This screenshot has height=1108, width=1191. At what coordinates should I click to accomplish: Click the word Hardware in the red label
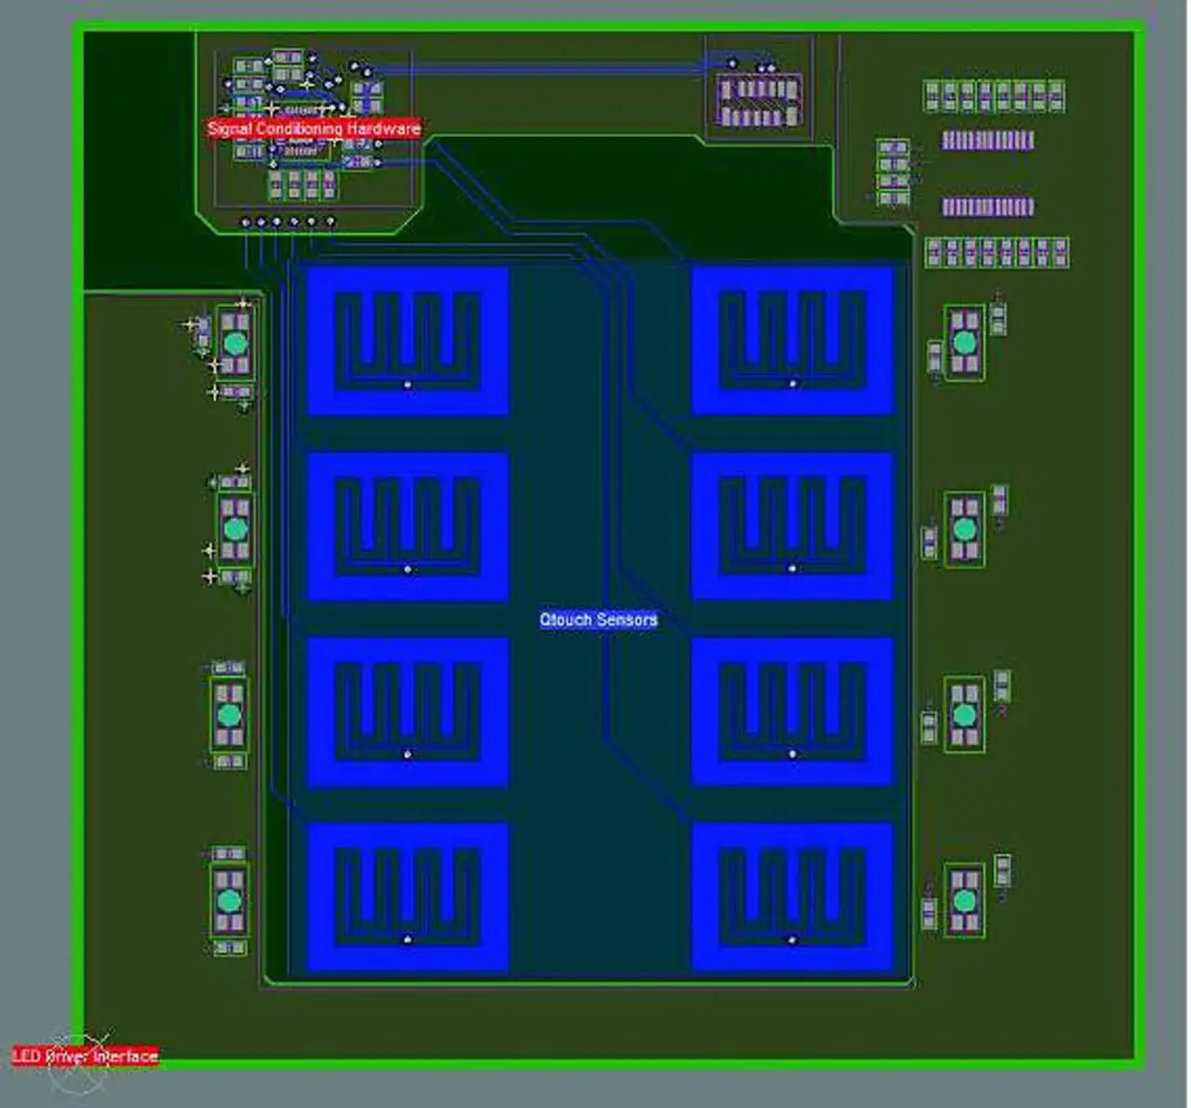point(383,128)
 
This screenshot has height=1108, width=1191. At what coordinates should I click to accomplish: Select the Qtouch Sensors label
point(598,619)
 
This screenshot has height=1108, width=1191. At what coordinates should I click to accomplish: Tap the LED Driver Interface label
point(85,1056)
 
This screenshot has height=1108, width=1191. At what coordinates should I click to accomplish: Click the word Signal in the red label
point(228,128)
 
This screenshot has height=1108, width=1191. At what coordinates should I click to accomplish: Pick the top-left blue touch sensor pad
point(408,341)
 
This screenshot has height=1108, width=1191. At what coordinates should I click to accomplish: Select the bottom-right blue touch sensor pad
point(793,897)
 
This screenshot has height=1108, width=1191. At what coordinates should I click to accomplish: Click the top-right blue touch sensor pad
point(793,341)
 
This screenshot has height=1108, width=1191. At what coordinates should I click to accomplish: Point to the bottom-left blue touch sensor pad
point(408,897)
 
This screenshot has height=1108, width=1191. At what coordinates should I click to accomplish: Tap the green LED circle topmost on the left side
point(235,344)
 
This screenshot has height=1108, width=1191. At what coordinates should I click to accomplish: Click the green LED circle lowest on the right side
point(965,900)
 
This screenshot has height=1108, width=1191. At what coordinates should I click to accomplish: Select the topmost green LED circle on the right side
point(965,344)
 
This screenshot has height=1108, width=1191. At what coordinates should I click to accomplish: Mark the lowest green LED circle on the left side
point(229,900)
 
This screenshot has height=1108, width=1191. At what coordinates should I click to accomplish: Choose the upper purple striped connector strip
point(987,140)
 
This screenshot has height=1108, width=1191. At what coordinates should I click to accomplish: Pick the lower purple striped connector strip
point(987,206)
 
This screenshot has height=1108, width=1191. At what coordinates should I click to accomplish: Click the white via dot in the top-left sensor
point(408,384)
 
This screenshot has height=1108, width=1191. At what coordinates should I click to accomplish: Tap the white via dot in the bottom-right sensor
point(793,939)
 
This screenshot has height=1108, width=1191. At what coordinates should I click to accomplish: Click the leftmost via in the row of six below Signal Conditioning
point(246,223)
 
